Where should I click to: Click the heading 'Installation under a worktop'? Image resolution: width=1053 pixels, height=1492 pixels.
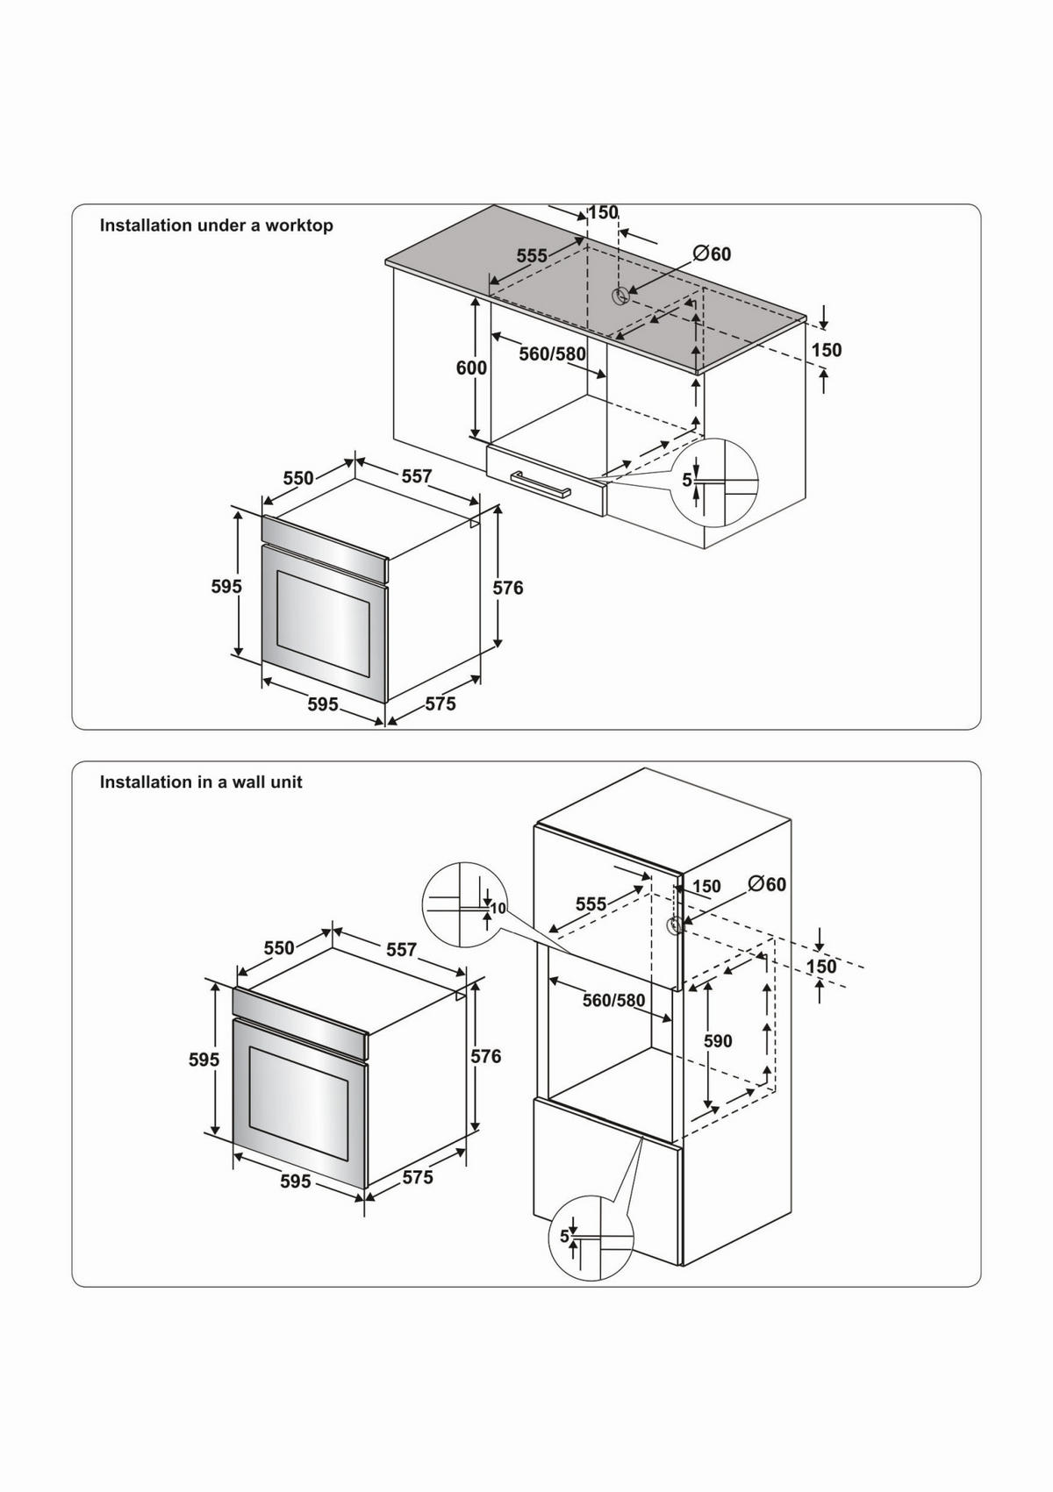[x=216, y=225]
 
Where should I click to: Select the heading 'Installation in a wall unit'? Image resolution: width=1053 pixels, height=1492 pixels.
[x=201, y=782]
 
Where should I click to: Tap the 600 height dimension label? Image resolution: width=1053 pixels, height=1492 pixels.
[x=471, y=368]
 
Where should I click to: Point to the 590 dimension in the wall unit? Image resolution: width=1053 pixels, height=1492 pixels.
[x=718, y=1041]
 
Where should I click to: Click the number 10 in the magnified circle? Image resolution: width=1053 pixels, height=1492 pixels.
[x=498, y=909]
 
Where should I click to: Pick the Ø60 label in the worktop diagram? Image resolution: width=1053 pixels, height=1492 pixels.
[x=712, y=254]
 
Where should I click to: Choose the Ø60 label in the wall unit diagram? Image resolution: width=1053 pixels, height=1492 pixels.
[x=768, y=884]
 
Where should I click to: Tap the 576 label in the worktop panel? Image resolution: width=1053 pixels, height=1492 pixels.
[x=507, y=588]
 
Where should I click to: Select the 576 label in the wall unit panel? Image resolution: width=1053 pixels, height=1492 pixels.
[x=485, y=1056]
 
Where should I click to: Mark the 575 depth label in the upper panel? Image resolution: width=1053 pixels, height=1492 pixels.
[x=441, y=703]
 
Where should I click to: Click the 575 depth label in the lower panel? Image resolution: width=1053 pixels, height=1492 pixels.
[x=418, y=1177]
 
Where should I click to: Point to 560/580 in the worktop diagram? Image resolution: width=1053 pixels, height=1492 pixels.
[x=552, y=354]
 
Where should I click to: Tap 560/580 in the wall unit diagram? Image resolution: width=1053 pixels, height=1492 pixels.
[x=613, y=1000]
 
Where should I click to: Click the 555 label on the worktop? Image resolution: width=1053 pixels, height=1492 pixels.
[x=532, y=256]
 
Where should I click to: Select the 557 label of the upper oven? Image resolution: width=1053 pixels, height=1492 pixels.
[x=417, y=476]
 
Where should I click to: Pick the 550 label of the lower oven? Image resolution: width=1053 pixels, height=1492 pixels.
[x=279, y=948]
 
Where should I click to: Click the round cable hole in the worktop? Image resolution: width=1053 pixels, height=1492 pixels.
[x=620, y=296]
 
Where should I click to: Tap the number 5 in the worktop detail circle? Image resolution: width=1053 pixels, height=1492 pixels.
[x=687, y=481]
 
